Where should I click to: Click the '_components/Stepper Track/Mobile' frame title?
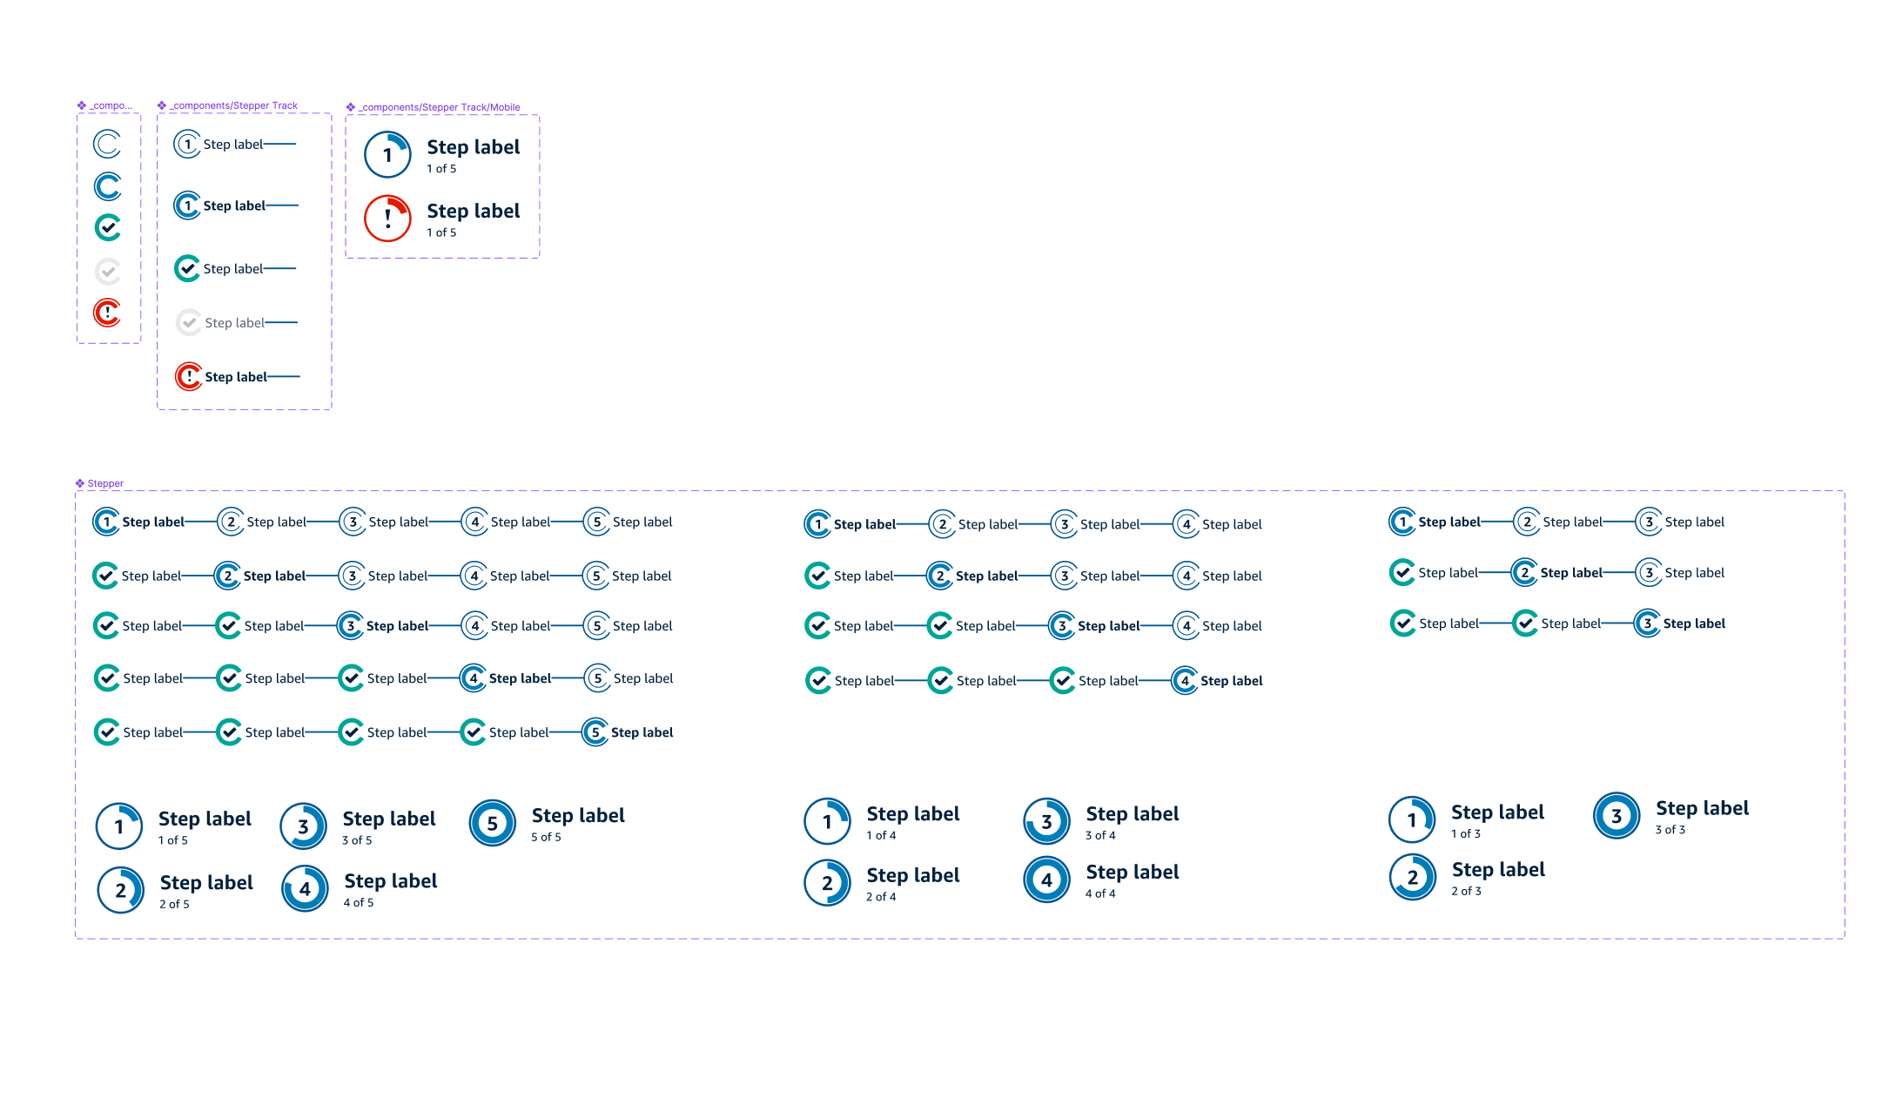coord(440,108)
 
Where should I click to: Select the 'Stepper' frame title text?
coord(105,484)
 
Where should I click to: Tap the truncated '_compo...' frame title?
coord(111,106)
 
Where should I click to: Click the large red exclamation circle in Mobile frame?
coord(387,219)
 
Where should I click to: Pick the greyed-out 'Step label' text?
coord(234,323)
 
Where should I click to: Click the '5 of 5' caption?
coord(546,838)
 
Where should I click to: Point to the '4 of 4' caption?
coord(1099,894)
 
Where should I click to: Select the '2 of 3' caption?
coord(1466,892)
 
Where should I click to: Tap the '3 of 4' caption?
coord(1099,836)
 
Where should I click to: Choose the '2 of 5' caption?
coord(174,905)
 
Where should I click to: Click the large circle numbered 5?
coord(493,824)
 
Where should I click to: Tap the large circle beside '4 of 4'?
coord(1046,880)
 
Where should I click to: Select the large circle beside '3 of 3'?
coord(1617,816)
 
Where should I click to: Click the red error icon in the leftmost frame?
coord(107,312)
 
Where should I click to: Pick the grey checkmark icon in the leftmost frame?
coord(107,272)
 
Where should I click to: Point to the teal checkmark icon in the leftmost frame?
coord(107,228)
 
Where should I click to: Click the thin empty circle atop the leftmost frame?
coord(107,144)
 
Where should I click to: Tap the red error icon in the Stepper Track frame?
coord(188,377)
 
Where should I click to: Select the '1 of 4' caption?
coord(880,836)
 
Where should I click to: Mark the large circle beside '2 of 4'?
coord(827,883)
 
